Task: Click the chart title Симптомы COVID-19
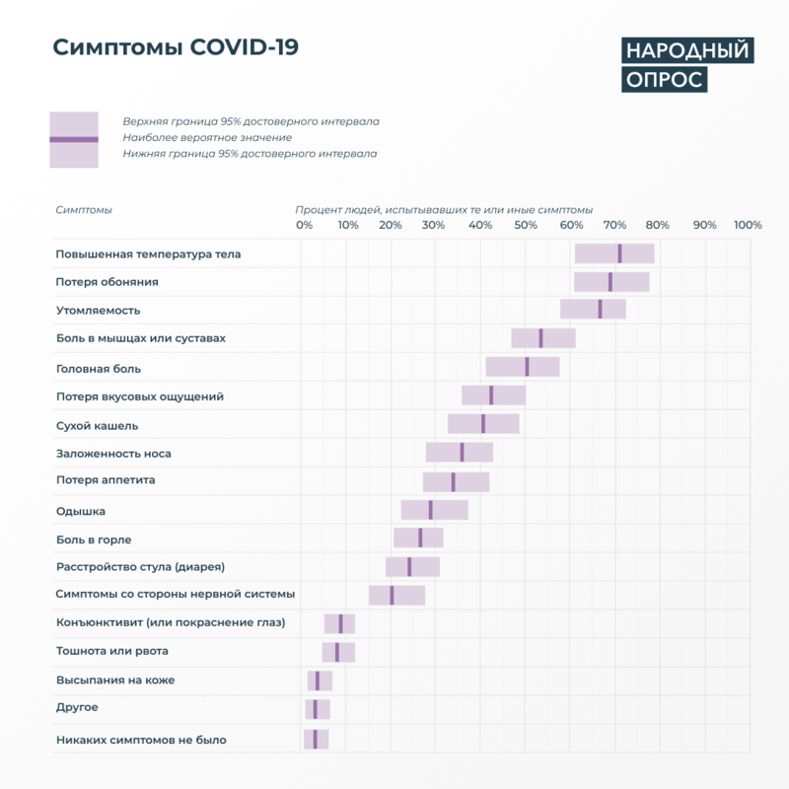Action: (176, 48)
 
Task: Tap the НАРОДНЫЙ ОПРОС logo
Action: (686, 65)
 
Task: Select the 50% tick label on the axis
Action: (526, 226)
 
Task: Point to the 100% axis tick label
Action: (748, 226)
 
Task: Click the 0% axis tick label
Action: (305, 226)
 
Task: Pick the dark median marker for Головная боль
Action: (527, 367)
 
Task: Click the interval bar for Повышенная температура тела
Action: (614, 253)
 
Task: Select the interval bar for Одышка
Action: (434, 510)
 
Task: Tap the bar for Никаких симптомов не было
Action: (316, 740)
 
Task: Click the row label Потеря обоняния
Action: (108, 282)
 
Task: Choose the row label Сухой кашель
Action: (97, 426)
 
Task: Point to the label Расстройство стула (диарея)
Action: (140, 567)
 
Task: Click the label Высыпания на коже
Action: (115, 681)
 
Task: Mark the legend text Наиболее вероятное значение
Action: (207, 138)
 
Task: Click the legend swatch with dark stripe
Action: (74, 139)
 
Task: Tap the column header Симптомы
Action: (84, 210)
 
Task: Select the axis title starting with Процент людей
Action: (444, 210)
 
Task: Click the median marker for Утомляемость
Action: (600, 309)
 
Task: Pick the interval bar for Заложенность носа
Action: (460, 452)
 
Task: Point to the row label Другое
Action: (77, 708)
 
